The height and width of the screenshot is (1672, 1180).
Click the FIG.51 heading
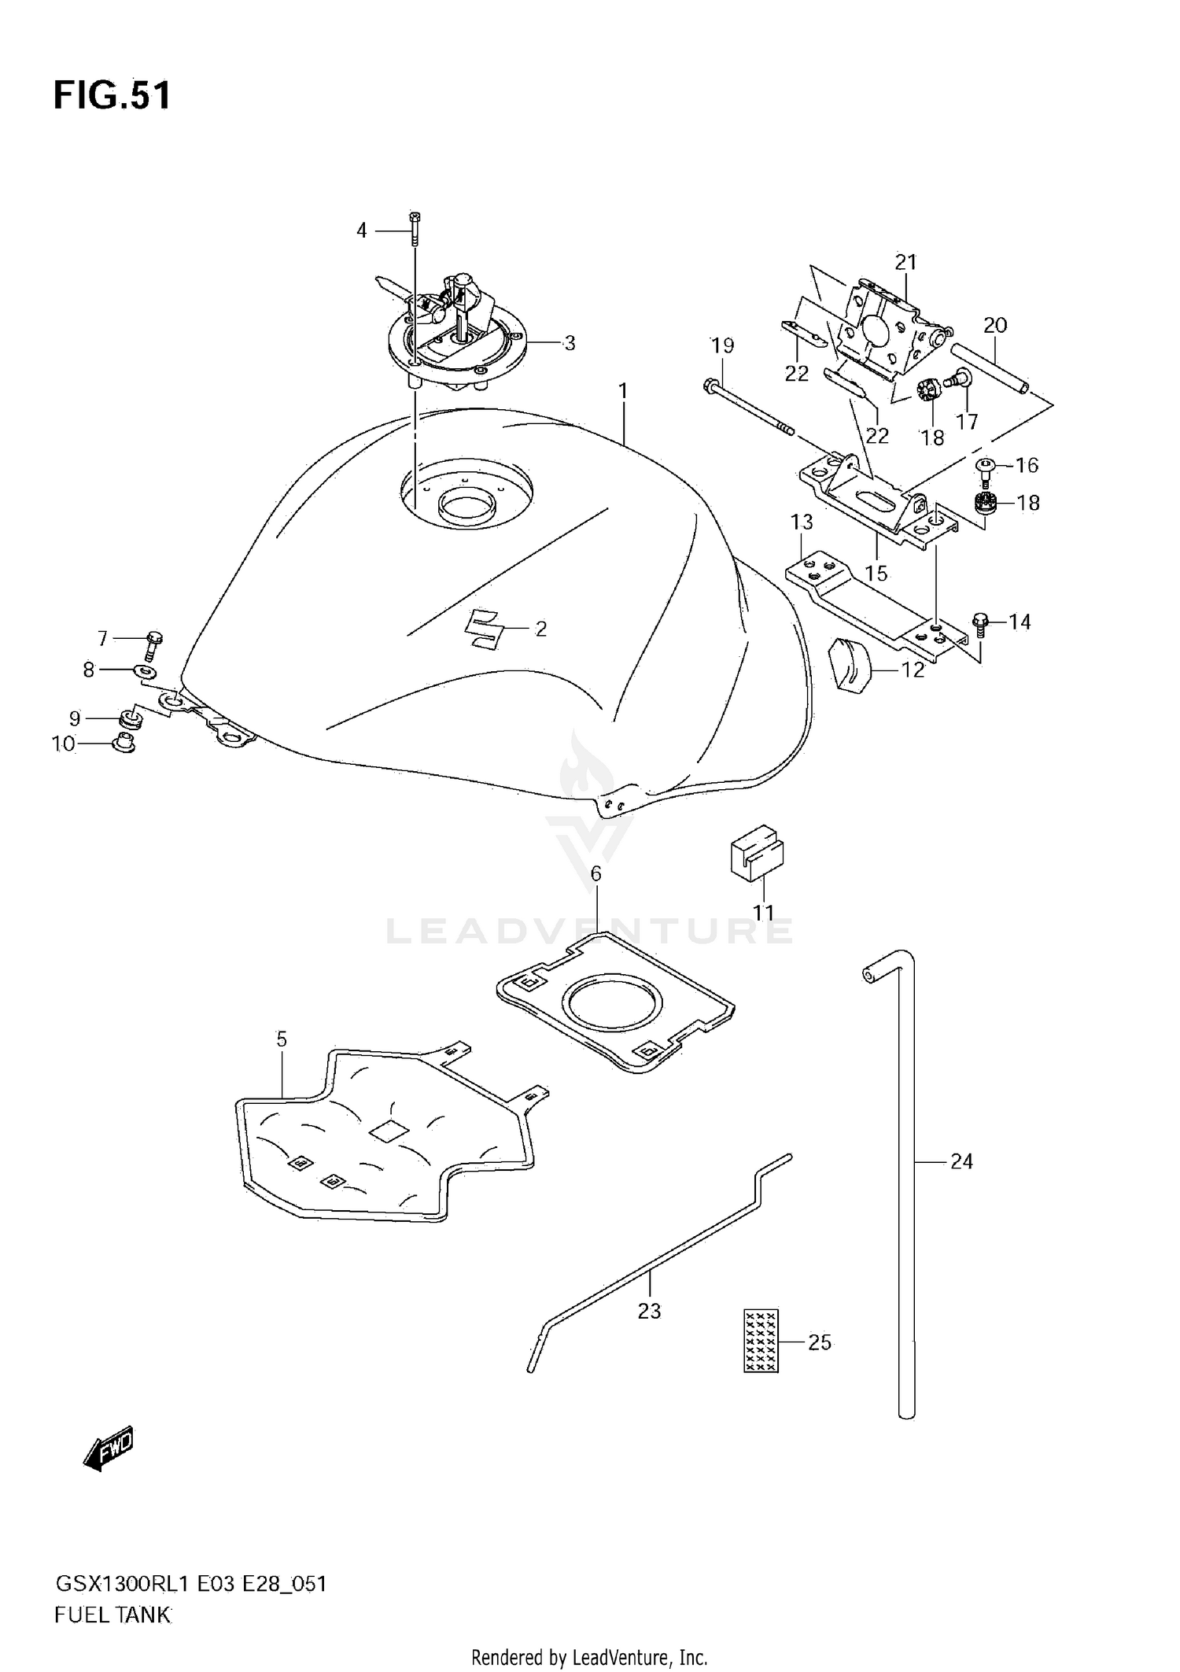click(x=112, y=96)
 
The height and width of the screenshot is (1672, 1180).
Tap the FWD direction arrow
click(x=109, y=1449)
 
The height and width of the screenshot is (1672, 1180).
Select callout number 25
click(x=819, y=1342)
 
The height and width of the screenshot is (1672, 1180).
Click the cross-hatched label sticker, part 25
click(x=761, y=1341)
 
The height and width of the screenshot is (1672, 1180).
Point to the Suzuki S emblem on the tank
click(x=483, y=629)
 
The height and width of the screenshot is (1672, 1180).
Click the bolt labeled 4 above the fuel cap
click(x=415, y=228)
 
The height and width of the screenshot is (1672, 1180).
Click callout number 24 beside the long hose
click(x=961, y=1161)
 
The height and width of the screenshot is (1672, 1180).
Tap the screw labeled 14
click(x=980, y=623)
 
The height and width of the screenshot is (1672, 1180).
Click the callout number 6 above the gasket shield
click(x=596, y=873)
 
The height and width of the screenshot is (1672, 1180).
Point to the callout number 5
click(x=282, y=1039)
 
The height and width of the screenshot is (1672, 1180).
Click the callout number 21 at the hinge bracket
click(x=905, y=262)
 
